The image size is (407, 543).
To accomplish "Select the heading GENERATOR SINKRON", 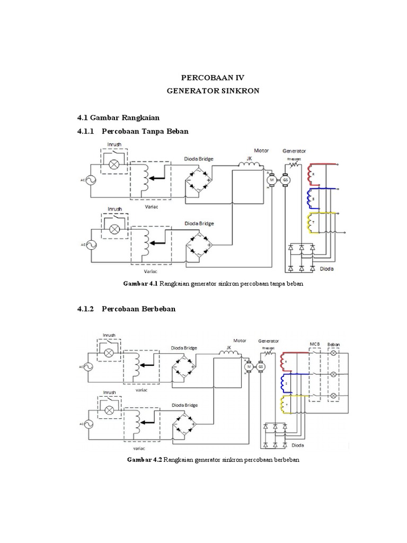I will (213, 91).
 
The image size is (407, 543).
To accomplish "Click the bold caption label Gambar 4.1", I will (141, 284).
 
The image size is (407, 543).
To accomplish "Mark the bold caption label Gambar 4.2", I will (145, 459).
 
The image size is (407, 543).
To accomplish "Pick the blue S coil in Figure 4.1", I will (309, 198).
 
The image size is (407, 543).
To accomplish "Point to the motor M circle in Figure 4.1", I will (272, 180).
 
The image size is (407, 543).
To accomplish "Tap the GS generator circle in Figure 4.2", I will (261, 366).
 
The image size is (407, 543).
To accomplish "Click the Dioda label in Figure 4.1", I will (327, 269).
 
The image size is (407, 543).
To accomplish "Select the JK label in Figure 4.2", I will (229, 348).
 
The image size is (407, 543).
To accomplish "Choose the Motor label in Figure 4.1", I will (261, 151).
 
